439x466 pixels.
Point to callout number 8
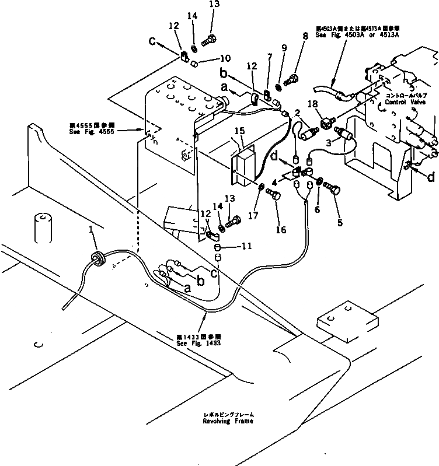(x=304, y=36)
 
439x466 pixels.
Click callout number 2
(x=297, y=111)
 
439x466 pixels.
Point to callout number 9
(x=284, y=49)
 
